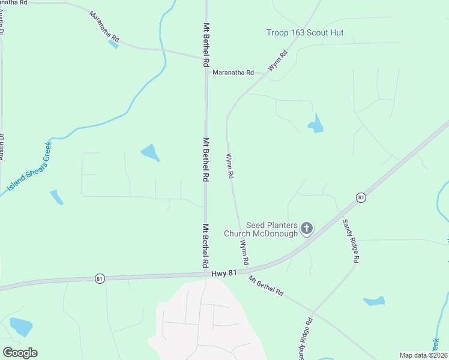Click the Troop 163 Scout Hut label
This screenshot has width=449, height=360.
tap(305, 32)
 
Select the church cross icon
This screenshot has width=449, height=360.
tap(307, 228)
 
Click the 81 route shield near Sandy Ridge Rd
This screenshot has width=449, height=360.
tap(360, 197)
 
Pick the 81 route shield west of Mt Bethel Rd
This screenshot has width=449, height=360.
tap(99, 278)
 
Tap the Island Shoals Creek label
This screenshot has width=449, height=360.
tap(29, 167)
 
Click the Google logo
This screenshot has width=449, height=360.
tap(20, 353)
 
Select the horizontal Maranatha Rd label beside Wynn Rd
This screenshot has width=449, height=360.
tap(233, 73)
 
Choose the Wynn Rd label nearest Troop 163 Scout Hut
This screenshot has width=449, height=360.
tap(279, 61)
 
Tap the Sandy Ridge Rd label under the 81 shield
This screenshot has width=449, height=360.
tap(351, 241)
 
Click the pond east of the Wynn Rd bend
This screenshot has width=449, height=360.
tap(316, 124)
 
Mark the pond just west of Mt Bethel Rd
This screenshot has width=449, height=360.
tap(151, 153)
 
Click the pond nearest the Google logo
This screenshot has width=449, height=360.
tap(22, 326)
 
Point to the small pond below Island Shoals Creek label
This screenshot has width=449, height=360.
tap(56, 197)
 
